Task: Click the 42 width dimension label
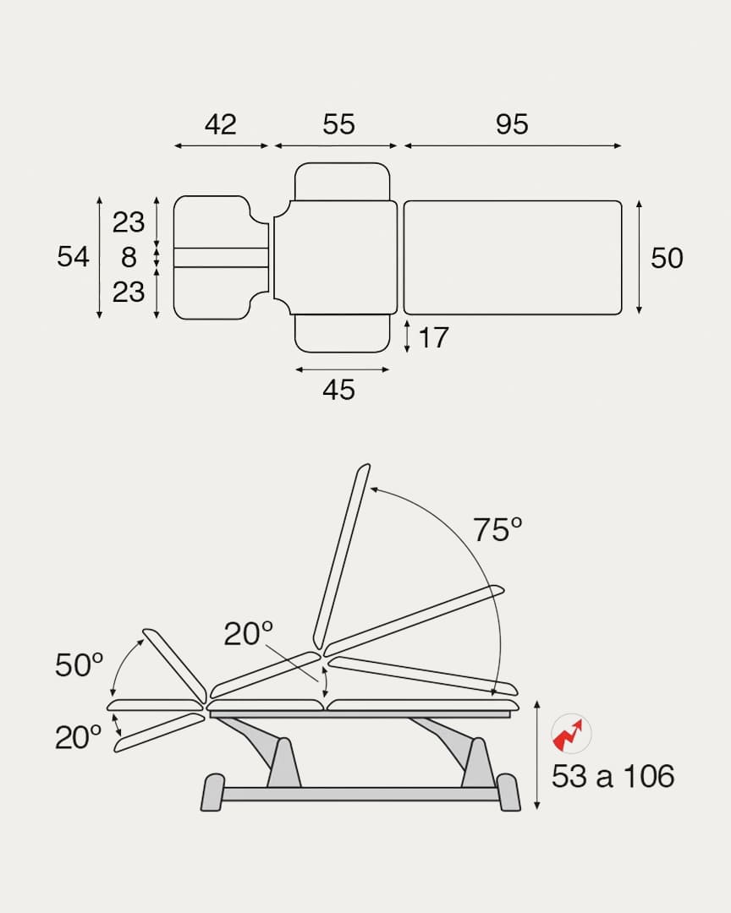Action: click(x=220, y=124)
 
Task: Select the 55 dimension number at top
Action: click(x=338, y=124)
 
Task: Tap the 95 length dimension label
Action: click(x=512, y=124)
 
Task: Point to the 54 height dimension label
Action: click(x=73, y=256)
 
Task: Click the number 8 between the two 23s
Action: click(x=129, y=257)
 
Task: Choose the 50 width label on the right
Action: click(x=667, y=258)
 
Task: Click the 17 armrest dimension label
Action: click(x=433, y=338)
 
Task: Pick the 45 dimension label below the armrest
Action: click(x=338, y=390)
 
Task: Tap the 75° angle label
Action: click(x=497, y=530)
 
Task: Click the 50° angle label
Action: click(x=79, y=665)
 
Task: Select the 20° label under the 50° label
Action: click(x=79, y=738)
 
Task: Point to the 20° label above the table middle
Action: click(x=248, y=633)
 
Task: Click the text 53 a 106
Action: click(x=613, y=776)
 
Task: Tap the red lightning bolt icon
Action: click(x=571, y=733)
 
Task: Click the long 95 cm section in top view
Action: click(x=512, y=258)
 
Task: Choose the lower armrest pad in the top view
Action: click(x=342, y=333)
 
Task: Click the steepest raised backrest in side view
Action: click(x=342, y=555)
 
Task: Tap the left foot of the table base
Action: click(x=212, y=793)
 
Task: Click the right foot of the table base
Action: click(x=508, y=793)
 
